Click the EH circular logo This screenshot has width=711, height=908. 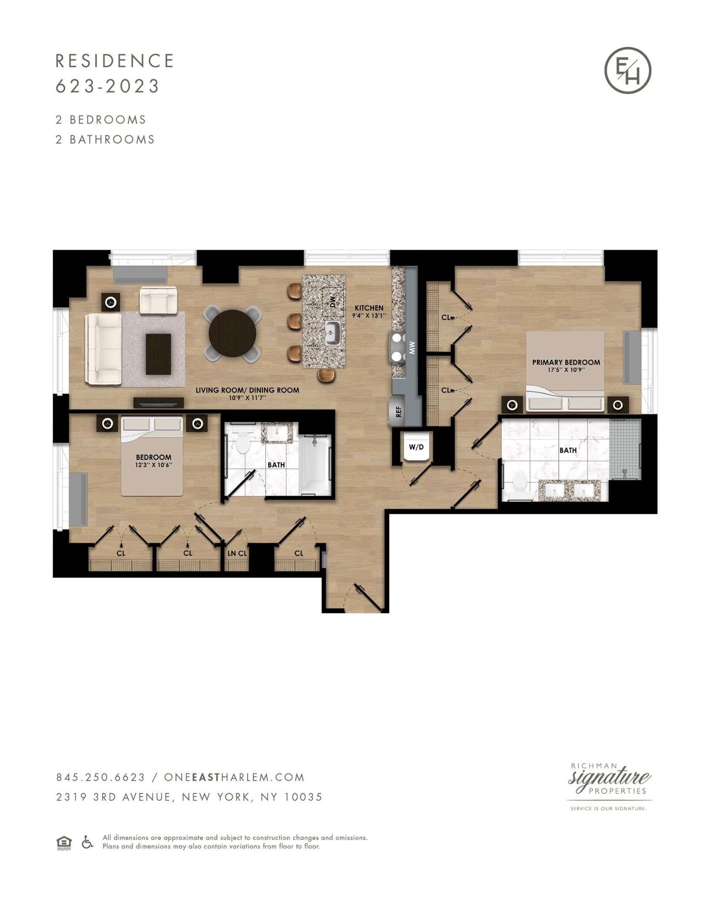point(628,70)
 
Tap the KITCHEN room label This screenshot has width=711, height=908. point(369,308)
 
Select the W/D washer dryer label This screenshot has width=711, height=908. point(416,447)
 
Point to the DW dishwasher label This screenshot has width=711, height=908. point(333,301)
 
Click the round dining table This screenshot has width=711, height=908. point(232,333)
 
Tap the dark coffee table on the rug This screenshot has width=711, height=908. point(158,354)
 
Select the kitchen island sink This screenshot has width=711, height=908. point(332,333)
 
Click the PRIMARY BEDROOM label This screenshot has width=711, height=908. point(566,362)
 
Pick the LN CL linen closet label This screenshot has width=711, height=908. point(237,553)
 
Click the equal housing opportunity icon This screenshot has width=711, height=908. point(64,843)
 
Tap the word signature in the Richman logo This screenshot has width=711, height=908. point(610,777)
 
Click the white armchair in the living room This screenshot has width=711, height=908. point(158,301)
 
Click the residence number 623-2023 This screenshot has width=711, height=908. point(108,86)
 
